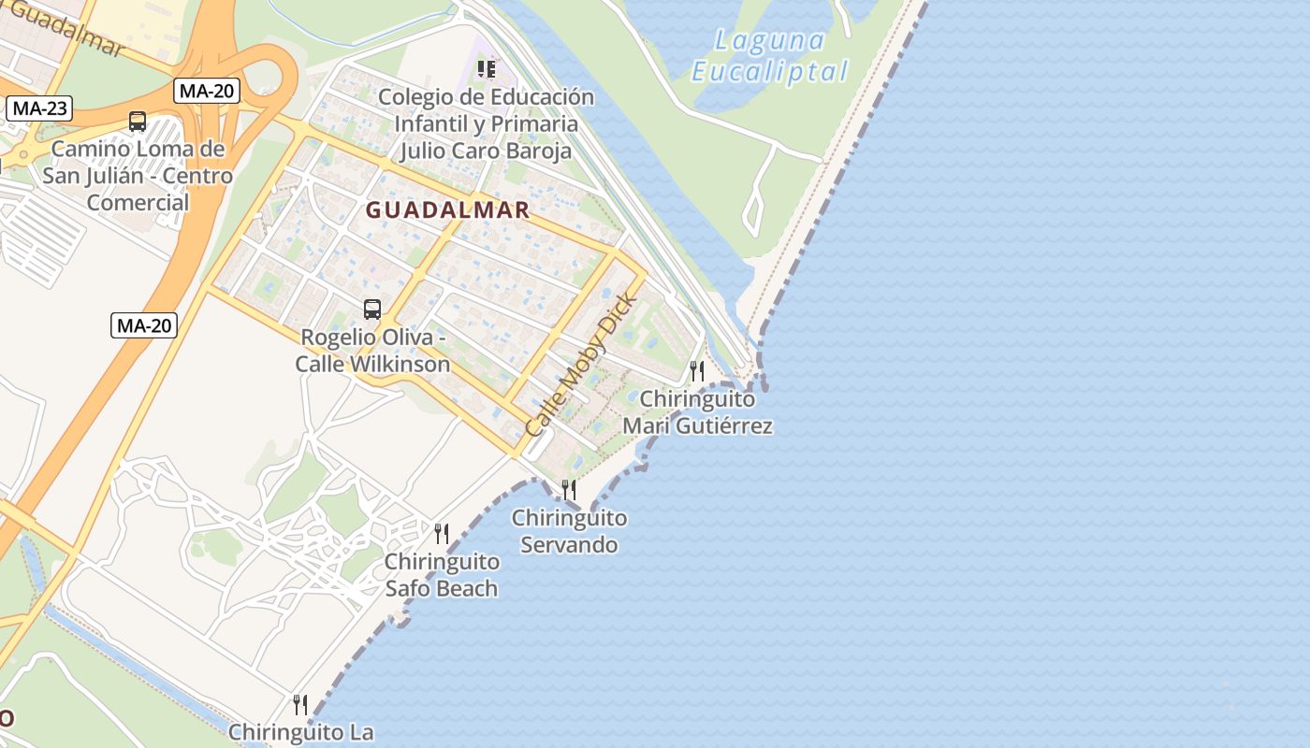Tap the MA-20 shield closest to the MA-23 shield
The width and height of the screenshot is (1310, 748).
coord(207,91)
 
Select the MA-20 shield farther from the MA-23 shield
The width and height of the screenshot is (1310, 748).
coord(144,325)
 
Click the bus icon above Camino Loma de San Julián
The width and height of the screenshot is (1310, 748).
coord(138,122)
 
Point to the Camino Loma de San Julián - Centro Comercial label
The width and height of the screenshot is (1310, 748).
coord(138,176)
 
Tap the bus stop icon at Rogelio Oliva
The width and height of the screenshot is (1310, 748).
coord(372,309)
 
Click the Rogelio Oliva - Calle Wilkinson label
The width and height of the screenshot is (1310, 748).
coord(372,351)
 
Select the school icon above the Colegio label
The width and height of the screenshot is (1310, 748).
coord(486,69)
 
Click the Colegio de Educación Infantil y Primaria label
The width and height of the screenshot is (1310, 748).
coord(486,123)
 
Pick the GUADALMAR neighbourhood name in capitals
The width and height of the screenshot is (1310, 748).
coord(448,210)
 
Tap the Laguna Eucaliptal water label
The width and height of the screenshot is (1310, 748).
coord(770,56)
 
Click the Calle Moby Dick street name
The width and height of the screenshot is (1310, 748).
coord(580,365)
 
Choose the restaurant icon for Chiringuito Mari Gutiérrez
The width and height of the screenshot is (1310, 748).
coord(696,371)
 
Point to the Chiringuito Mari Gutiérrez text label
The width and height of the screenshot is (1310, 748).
coord(698,412)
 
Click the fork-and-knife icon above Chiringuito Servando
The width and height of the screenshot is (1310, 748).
coord(568,489)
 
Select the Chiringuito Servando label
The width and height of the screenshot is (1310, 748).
coord(569,531)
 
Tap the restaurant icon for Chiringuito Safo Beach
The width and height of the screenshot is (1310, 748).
coord(442,534)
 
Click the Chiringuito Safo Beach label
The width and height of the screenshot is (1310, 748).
coord(442,575)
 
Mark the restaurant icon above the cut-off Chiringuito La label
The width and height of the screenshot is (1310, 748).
coord(300,704)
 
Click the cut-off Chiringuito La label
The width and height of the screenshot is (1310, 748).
coord(300,733)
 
